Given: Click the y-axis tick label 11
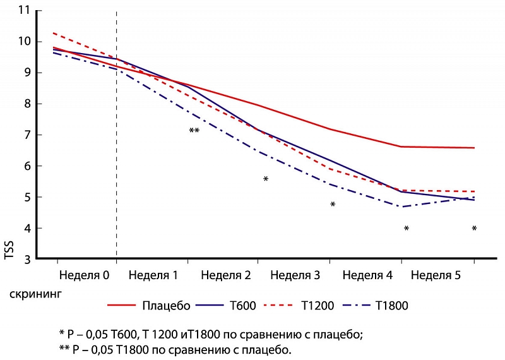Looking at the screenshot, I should (24, 11).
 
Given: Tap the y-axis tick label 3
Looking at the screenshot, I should (27, 259).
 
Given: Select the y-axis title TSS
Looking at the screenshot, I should (9, 256).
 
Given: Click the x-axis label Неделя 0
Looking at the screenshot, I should (85, 276).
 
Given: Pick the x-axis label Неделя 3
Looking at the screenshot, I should (295, 276).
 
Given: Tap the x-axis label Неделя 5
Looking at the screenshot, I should (436, 276).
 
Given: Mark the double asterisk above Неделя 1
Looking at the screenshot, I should (194, 131).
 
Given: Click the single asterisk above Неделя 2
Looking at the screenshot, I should (266, 180).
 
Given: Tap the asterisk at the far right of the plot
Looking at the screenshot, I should (474, 229).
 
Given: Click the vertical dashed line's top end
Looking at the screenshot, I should (117, 12).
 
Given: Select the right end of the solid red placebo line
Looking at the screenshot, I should (474, 148).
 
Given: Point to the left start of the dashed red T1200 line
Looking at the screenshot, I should (53, 33).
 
